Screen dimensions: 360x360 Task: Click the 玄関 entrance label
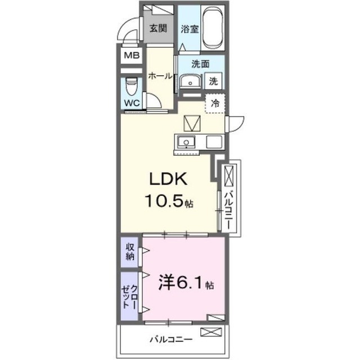click(158, 29)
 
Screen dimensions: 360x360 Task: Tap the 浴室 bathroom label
click(190, 29)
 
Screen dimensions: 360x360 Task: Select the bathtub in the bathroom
click(213, 27)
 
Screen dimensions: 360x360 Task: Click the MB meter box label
click(132, 55)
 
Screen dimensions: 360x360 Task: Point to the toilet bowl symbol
click(132, 86)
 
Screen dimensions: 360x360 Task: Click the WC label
click(132, 103)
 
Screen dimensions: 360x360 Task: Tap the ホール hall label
click(160, 76)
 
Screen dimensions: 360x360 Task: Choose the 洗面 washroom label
click(200, 64)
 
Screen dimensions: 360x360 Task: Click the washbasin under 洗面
click(190, 81)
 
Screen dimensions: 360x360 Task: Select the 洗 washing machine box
click(213, 81)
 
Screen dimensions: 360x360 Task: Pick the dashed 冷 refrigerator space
click(215, 103)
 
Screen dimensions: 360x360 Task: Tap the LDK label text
click(168, 179)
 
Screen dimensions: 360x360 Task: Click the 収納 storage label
click(130, 252)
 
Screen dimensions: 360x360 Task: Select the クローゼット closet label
click(130, 297)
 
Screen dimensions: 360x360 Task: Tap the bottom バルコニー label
click(171, 339)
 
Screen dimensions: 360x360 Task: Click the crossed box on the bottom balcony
click(211, 332)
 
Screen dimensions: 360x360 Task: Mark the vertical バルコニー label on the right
click(229, 209)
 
